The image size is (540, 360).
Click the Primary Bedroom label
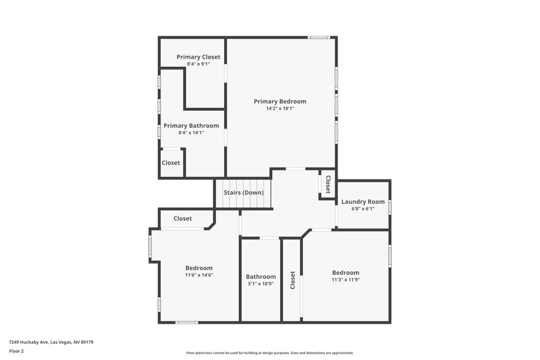279,101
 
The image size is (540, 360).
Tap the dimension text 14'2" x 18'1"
279,109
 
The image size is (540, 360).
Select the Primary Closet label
198,57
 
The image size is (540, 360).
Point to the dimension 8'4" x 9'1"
198,64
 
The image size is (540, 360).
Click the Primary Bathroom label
191,126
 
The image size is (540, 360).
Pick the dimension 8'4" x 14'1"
191,133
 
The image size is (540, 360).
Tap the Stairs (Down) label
244,193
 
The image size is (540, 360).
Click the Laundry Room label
362,201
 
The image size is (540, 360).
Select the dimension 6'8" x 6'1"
362,209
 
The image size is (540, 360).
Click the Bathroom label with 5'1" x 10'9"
261,276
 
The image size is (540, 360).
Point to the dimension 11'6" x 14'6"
198,276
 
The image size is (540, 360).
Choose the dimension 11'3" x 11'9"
345,280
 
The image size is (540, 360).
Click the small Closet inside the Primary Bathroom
171,163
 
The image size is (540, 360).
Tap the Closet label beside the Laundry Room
328,184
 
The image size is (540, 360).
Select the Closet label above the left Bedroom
182,219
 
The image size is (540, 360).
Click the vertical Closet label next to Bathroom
292,281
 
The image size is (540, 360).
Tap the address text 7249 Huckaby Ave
51,342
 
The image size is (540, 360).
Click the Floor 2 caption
17,352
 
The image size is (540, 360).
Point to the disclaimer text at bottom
269,353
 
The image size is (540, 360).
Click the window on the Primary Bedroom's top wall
319,37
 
